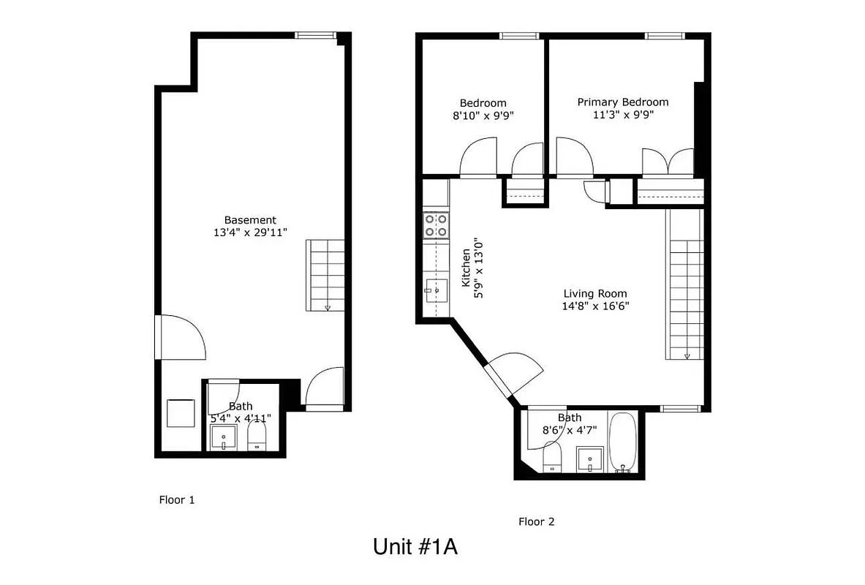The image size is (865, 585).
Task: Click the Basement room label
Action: (250, 219)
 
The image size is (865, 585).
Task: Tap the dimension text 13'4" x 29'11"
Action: (250, 233)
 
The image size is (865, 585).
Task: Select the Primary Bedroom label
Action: (622, 102)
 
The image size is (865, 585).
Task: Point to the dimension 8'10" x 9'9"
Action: (483, 116)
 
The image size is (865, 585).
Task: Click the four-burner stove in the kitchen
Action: (436, 225)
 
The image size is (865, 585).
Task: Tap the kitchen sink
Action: (436, 290)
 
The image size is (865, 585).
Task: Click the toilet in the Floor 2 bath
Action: (551, 458)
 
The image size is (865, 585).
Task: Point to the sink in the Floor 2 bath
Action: (589, 461)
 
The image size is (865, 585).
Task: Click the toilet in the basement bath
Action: (257, 437)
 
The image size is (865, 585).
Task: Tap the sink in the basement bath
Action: (223, 439)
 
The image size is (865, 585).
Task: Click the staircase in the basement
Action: (325, 275)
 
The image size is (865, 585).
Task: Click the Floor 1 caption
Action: (177, 500)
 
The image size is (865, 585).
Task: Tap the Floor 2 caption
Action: (537, 521)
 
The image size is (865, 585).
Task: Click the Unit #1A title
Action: (415, 547)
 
